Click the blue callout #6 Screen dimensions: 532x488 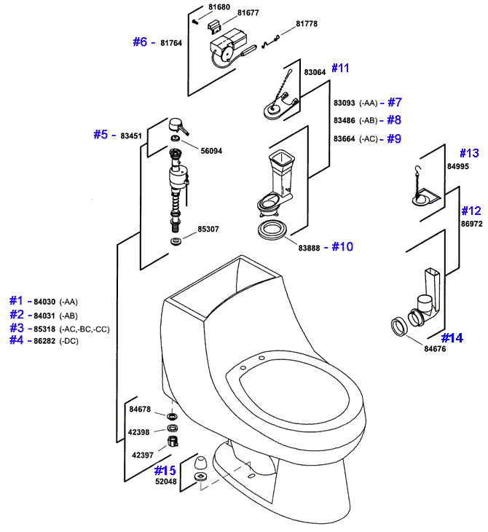[x=140, y=42]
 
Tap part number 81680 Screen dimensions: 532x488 [x=219, y=7]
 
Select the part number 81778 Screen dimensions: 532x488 [x=307, y=24]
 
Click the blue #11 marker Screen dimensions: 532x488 [x=340, y=68]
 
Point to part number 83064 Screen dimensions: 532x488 [x=315, y=73]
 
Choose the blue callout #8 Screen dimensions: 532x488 [x=394, y=120]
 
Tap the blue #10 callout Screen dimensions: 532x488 [x=342, y=246]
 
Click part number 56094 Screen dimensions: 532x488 [x=211, y=151]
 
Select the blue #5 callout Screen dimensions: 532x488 [x=101, y=134]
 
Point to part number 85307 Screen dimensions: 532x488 [x=208, y=230]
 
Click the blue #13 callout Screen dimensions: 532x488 [x=469, y=153]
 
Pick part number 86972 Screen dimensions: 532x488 [x=471, y=224]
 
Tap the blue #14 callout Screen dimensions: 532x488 [x=452, y=337]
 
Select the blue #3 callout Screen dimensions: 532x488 [x=16, y=328]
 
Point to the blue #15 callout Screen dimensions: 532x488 [x=165, y=471]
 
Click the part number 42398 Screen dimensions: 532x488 [x=139, y=432]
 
